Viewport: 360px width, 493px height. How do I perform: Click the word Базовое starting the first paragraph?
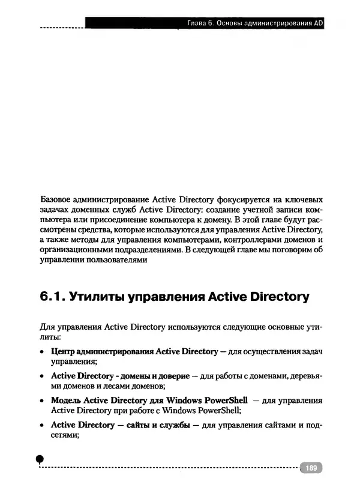coord(56,198)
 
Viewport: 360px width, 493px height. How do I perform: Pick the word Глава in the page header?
coord(198,25)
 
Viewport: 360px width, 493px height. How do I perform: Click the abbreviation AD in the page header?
coord(318,25)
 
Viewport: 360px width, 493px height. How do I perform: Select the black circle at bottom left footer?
coord(40,459)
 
